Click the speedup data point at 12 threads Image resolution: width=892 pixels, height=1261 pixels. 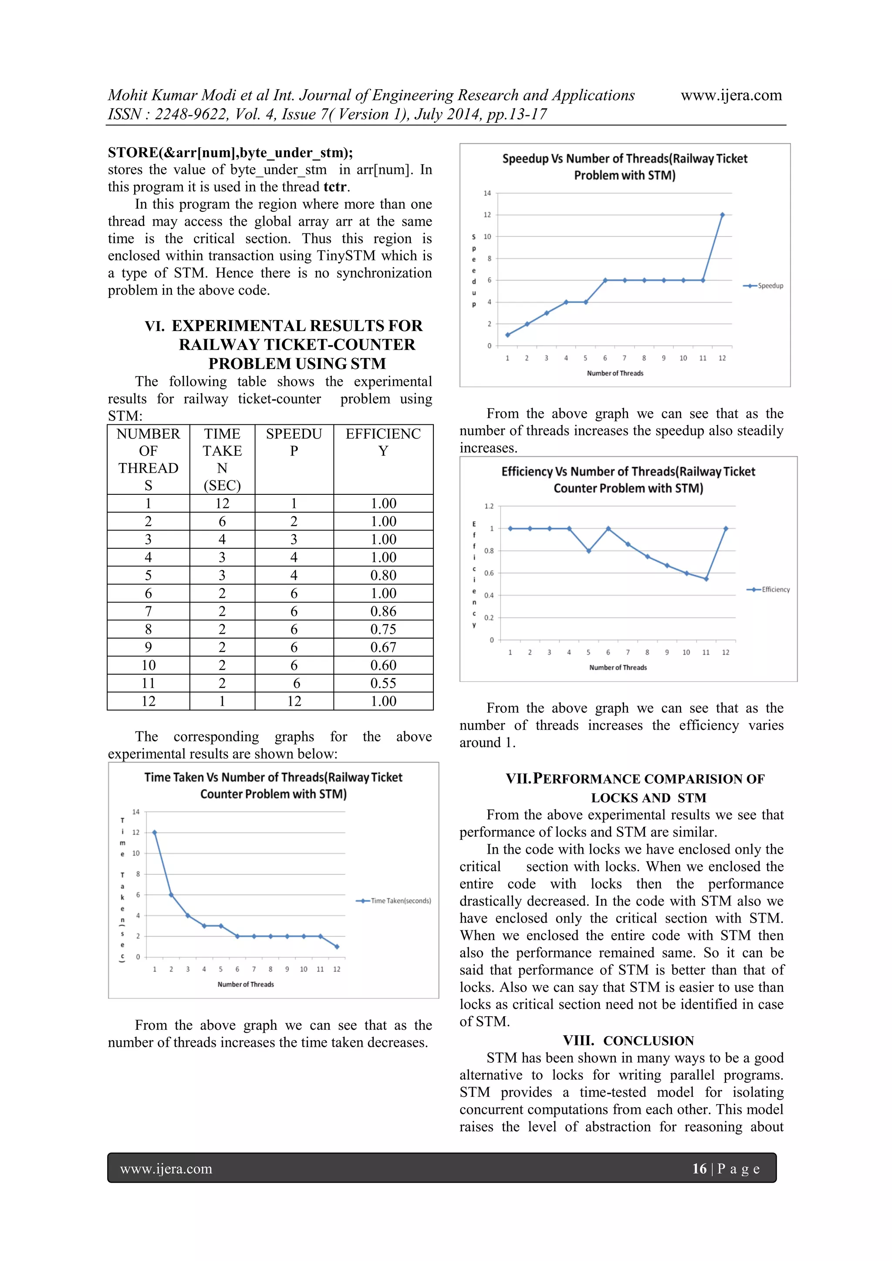722,215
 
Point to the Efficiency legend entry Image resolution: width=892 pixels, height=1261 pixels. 769,589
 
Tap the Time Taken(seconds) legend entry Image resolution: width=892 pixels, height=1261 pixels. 394,901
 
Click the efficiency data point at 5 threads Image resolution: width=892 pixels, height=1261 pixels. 588,551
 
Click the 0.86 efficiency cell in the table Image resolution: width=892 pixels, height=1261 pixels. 383,611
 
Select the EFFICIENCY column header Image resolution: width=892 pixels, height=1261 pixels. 383,442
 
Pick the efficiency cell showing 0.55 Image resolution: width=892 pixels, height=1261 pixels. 383,683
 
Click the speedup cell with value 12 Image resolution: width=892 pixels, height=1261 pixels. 294,701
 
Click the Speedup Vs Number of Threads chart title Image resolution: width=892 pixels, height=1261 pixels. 625,167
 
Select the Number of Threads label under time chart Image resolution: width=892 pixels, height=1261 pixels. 246,984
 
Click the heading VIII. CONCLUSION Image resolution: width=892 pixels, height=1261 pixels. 628,1041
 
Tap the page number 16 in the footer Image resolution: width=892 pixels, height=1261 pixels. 699,1169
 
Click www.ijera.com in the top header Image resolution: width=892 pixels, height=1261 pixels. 731,95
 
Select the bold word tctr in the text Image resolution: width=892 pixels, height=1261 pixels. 335,187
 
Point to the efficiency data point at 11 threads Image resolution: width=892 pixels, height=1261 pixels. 706,579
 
